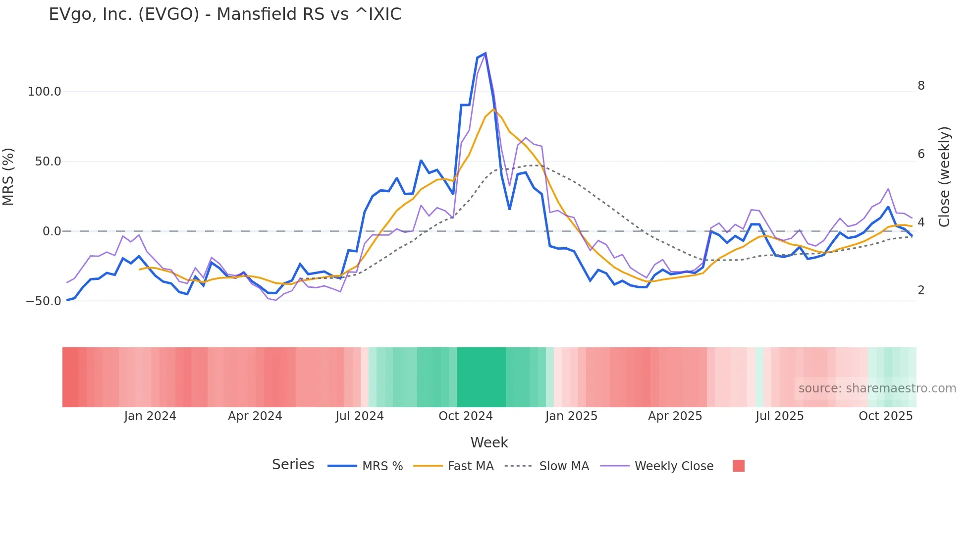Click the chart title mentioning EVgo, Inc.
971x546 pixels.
coord(225,14)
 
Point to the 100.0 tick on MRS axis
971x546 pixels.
coord(45,92)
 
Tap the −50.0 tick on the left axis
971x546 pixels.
coord(44,301)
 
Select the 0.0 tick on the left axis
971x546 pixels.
coord(52,231)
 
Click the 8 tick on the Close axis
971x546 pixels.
coord(921,86)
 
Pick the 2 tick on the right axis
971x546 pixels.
coord(921,290)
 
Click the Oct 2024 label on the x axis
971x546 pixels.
coord(465,416)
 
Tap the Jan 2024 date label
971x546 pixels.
coord(150,416)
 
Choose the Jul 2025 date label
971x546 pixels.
coord(779,416)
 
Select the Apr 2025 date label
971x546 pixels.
coord(675,416)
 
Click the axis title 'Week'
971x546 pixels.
coord(489,442)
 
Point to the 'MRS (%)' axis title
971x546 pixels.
coord(8,176)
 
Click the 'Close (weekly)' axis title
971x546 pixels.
coord(944,177)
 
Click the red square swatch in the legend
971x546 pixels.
coord(738,466)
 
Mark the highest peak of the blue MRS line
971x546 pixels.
coord(485,53)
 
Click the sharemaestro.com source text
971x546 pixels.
coord(877,388)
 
